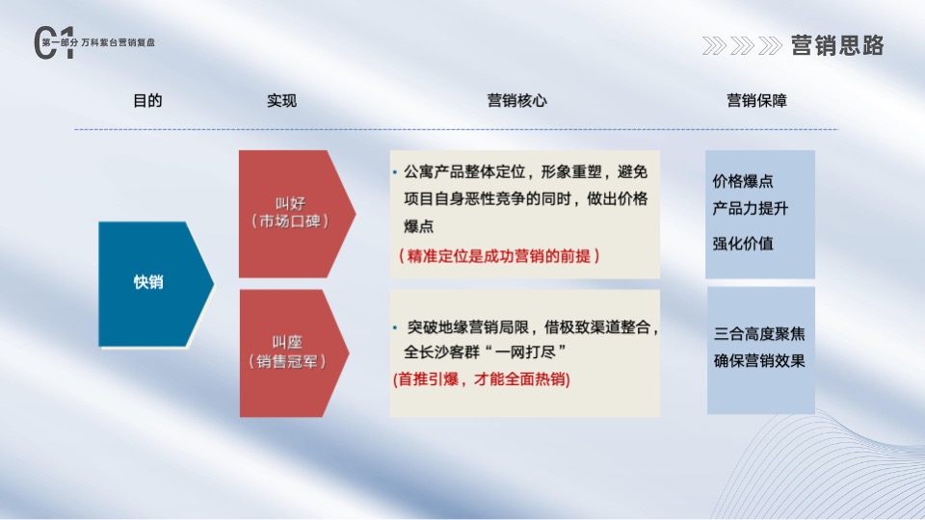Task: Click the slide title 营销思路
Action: click(836, 45)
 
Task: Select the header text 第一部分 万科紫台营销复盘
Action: click(99, 43)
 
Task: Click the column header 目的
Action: click(147, 101)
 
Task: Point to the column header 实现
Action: click(281, 101)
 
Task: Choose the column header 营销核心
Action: click(516, 101)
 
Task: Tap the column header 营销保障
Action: click(756, 101)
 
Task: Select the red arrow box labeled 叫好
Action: click(289, 214)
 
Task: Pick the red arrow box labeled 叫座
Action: click(289, 352)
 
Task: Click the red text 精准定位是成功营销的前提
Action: click(499, 256)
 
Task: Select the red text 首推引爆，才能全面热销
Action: click(482, 379)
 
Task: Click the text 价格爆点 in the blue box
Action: click(742, 181)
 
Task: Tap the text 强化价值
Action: click(742, 244)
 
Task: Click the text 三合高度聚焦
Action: click(759, 335)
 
